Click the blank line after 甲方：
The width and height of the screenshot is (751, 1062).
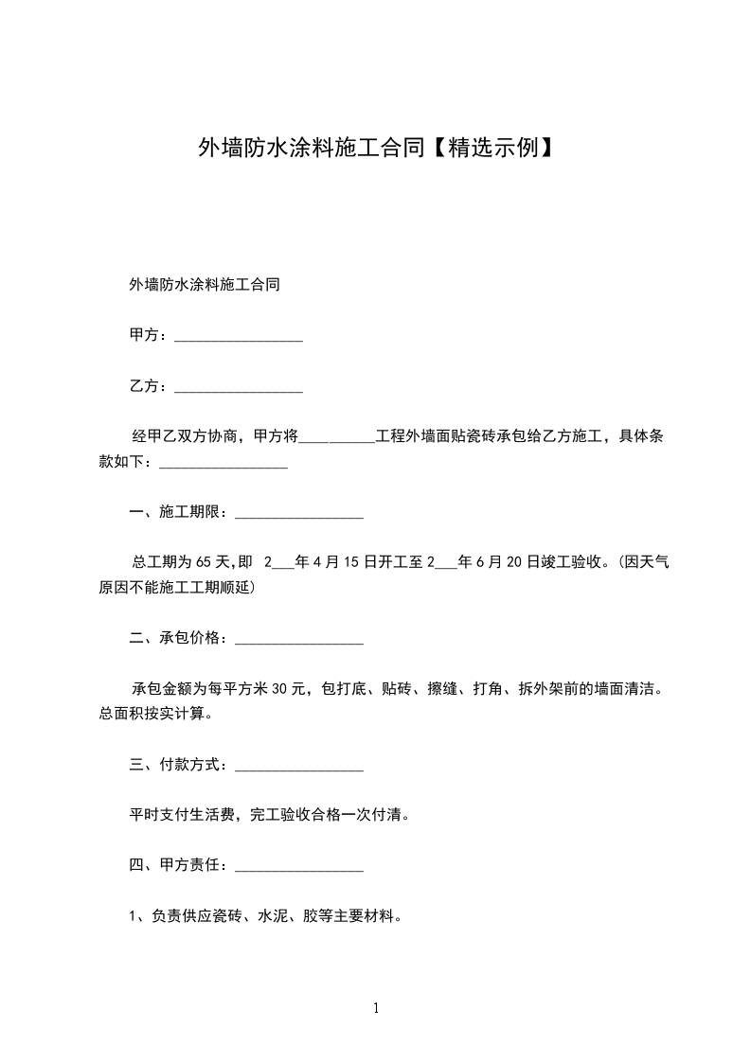tap(239, 337)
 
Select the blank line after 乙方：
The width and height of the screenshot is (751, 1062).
tap(239, 387)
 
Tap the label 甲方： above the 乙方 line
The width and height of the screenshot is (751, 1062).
tap(149, 336)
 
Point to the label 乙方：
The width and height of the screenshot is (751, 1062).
tap(149, 386)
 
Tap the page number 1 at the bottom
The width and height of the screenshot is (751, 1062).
tap(376, 1009)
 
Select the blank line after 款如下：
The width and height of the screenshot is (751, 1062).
tap(224, 463)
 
